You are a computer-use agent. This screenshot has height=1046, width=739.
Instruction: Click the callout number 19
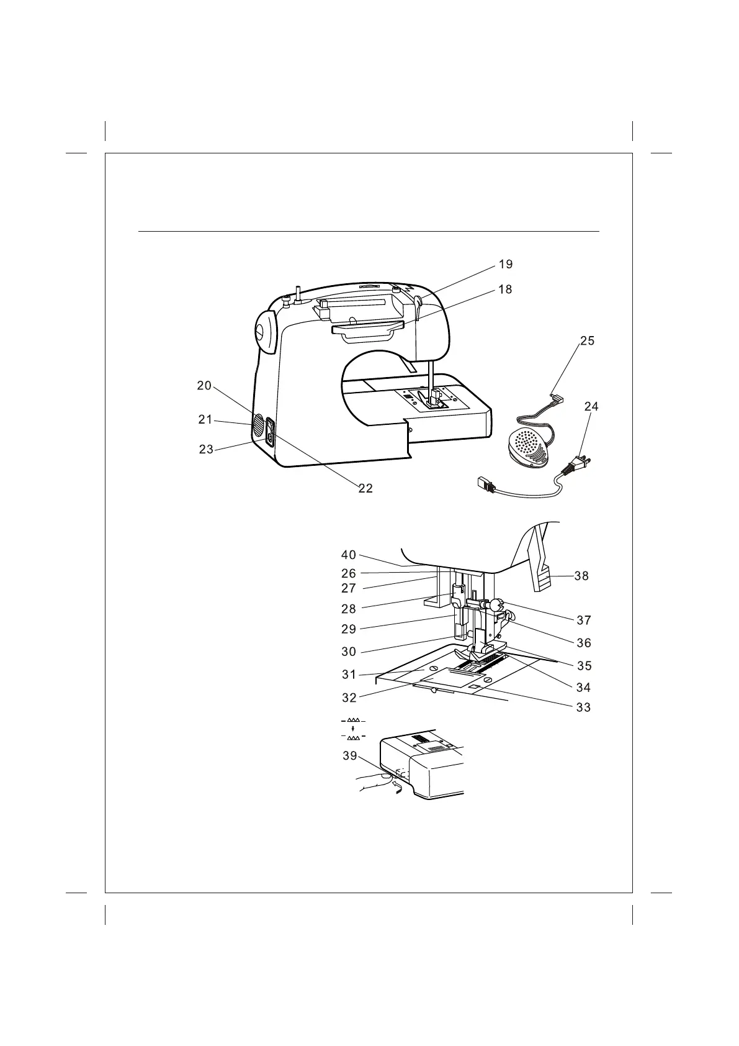pyautogui.click(x=506, y=265)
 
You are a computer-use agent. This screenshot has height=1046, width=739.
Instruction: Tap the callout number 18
pyautogui.click(x=506, y=289)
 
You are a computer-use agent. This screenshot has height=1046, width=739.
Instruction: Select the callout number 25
pyautogui.click(x=587, y=341)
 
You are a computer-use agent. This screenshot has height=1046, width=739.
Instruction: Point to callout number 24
pyautogui.click(x=591, y=407)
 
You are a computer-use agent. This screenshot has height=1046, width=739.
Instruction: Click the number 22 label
pyautogui.click(x=365, y=489)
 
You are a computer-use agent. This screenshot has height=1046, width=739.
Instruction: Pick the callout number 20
pyautogui.click(x=204, y=386)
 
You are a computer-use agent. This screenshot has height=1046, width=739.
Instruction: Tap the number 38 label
pyautogui.click(x=581, y=576)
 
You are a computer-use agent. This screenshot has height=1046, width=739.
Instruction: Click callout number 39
pyautogui.click(x=350, y=757)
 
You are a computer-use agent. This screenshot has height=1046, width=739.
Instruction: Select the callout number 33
pyautogui.click(x=583, y=707)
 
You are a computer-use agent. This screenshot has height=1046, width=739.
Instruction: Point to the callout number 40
pyautogui.click(x=349, y=555)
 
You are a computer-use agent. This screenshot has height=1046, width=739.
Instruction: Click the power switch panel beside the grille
pyautogui.click(x=271, y=432)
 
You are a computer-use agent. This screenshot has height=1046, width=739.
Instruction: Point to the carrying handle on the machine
pyautogui.click(x=366, y=330)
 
